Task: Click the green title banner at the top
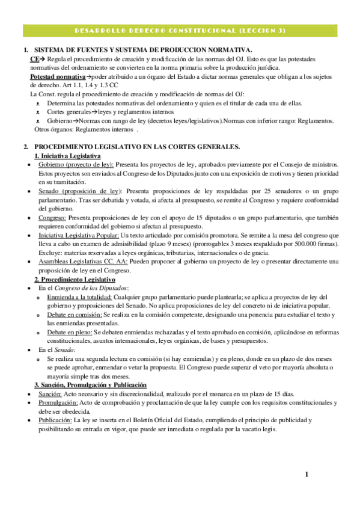180,30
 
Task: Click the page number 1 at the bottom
307,475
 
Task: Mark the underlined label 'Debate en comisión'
73,315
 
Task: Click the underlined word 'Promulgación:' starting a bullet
58,402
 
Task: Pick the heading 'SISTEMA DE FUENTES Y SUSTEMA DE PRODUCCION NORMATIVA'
144,51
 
